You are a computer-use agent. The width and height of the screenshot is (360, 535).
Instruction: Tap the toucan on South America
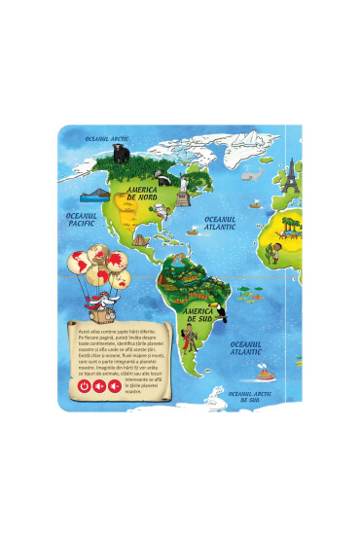(222, 288)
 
